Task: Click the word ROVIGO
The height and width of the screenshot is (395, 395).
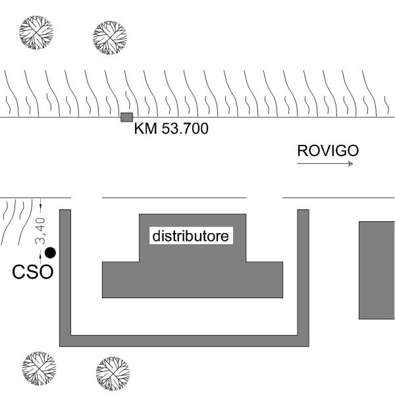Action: pyautogui.click(x=328, y=151)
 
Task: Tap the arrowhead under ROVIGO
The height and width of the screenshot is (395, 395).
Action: pyautogui.click(x=351, y=164)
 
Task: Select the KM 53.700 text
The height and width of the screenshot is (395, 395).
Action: pyautogui.click(x=171, y=128)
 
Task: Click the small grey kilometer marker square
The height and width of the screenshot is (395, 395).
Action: pyautogui.click(x=126, y=117)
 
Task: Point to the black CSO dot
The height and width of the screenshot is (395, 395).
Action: pyautogui.click(x=50, y=253)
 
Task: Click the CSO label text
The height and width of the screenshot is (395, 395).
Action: pyautogui.click(x=33, y=272)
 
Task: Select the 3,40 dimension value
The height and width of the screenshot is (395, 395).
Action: pyautogui.click(x=40, y=231)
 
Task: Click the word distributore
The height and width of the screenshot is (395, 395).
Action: pyautogui.click(x=191, y=236)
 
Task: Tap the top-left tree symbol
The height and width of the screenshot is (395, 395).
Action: pyautogui.click(x=36, y=32)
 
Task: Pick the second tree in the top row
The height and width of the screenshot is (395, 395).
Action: pyautogui.click(x=110, y=38)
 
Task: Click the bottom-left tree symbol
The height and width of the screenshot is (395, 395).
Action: pyautogui.click(x=39, y=369)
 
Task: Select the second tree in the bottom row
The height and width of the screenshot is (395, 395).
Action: pyautogui.click(x=113, y=373)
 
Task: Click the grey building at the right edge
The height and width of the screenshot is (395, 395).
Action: pyautogui.click(x=377, y=271)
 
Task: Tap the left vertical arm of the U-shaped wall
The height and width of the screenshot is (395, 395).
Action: pyautogui.click(x=65, y=272)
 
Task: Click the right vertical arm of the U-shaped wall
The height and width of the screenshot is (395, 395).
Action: pyautogui.click(x=303, y=272)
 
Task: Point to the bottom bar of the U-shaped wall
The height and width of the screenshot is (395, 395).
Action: pyautogui.click(x=184, y=341)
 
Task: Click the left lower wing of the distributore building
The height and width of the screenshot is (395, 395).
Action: pyautogui.click(x=120, y=280)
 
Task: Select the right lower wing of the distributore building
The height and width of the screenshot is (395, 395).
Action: pyautogui.click(x=265, y=280)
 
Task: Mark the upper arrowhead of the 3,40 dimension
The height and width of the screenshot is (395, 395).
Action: pyautogui.click(x=40, y=207)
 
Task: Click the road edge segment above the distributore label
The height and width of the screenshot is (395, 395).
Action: pyautogui.click(x=174, y=198)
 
